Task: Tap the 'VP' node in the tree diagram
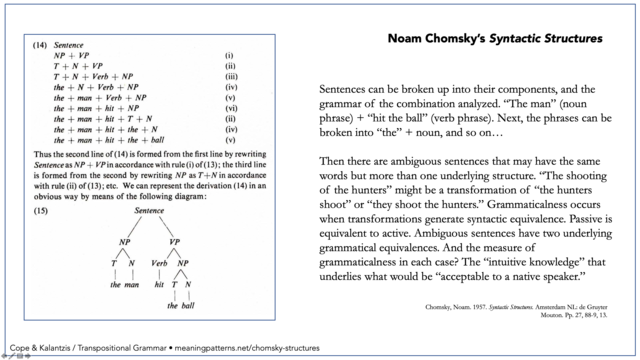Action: tap(173, 240)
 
